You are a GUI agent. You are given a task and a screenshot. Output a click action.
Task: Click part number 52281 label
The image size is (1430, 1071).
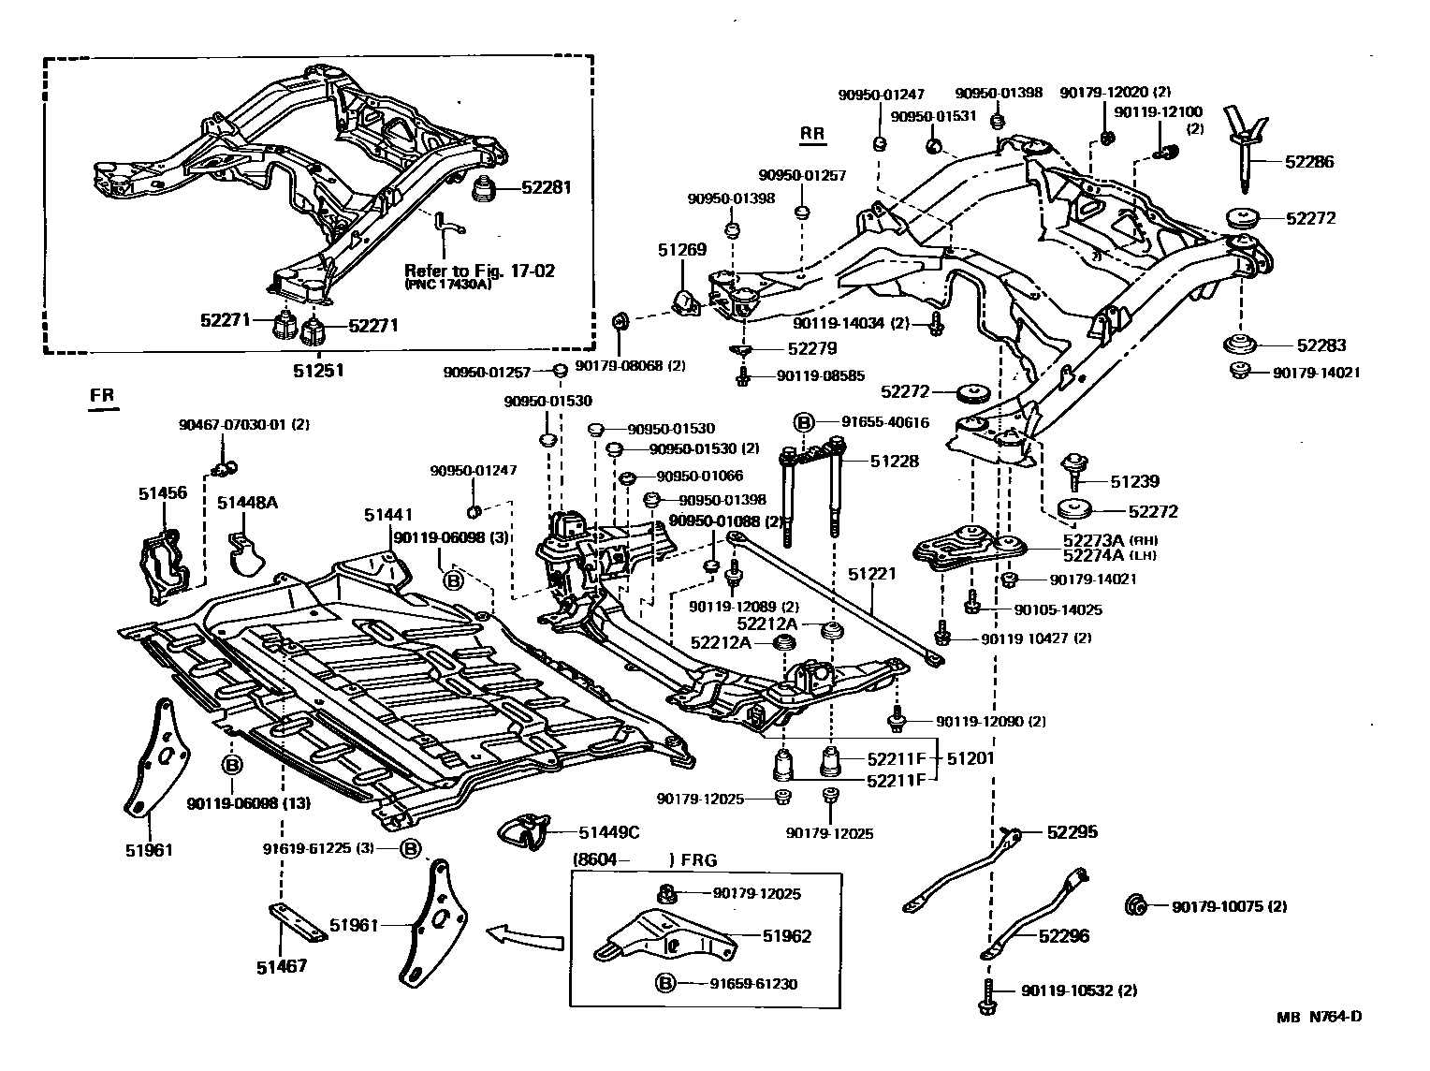pos(547,188)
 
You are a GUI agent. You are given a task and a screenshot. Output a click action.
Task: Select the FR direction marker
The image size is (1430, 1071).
pos(102,396)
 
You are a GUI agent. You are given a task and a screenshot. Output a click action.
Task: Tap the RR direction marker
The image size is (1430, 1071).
pos(812,134)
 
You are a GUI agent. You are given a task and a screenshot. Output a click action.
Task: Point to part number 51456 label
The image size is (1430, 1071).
pos(163,493)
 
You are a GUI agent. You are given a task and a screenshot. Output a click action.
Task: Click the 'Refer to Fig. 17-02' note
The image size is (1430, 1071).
pos(479,271)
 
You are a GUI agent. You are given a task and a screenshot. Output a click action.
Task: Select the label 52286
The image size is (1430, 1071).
pos(1309,161)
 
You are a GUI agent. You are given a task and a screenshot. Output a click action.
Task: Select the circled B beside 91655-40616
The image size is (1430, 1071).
pos(803,422)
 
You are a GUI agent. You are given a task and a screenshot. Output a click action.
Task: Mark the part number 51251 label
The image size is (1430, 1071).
pos(318,370)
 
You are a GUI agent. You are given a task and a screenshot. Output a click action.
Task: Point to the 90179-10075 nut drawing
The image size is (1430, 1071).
pos(1134,905)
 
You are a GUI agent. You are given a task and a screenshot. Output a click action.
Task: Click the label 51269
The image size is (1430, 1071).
pos(681,250)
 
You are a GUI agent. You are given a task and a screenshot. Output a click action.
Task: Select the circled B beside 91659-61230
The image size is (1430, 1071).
pos(664,983)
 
